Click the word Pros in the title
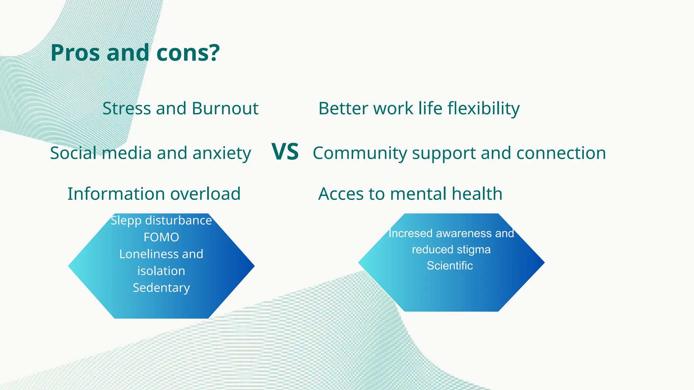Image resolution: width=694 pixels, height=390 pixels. [x=75, y=53]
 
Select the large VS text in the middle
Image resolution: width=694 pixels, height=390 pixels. [x=285, y=152]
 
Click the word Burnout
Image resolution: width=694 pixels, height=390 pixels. [x=225, y=109]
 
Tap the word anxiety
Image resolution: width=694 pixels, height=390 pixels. [x=222, y=153]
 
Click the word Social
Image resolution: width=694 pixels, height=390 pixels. [x=73, y=153]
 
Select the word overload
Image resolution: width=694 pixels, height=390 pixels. [x=205, y=194]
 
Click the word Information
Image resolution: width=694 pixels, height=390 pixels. [x=116, y=194]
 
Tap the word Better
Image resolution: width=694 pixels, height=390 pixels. [x=343, y=109]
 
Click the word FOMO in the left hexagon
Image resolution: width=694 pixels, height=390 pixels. [x=161, y=237]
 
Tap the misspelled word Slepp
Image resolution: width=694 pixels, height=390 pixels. [x=126, y=221]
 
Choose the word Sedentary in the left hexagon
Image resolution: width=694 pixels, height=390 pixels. [x=161, y=288]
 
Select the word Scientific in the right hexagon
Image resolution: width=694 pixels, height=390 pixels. [x=450, y=266]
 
